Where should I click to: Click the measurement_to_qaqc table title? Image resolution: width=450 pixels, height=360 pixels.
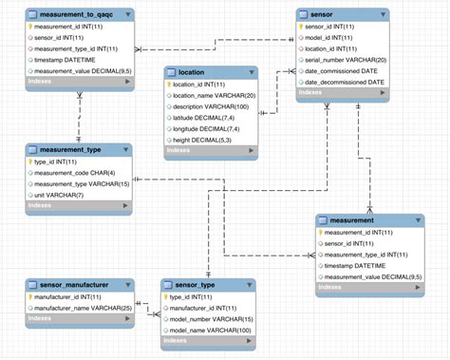coord(79,16)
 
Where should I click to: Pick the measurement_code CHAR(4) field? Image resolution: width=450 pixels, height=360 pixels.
coord(75,173)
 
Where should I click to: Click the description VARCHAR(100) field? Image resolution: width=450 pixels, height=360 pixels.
coord(211,105)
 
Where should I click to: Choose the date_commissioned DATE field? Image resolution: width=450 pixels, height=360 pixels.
coord(341,70)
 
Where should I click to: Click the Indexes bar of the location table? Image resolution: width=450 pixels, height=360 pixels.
coord(209,150)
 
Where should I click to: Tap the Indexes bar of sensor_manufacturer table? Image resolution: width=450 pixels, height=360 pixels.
coord(79,319)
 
